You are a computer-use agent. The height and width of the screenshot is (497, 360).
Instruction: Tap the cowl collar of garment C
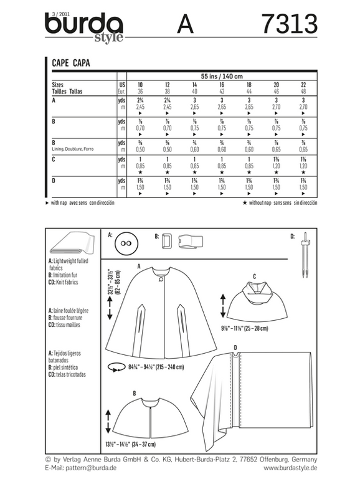click(255, 288)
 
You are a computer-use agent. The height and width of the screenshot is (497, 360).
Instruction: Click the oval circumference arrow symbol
click(116, 368)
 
